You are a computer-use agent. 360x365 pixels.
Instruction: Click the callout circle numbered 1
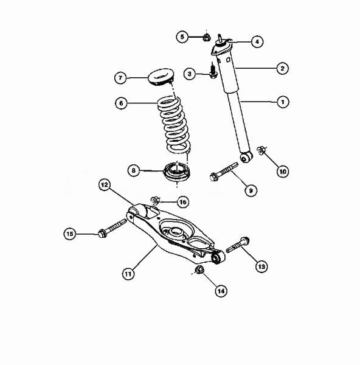coord(283,102)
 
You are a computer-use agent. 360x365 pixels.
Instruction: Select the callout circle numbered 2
coord(282,68)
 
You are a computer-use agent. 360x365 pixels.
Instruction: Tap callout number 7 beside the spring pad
coord(120,78)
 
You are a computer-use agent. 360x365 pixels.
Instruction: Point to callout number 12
coord(105,184)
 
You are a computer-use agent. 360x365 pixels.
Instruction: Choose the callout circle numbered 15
coord(70,234)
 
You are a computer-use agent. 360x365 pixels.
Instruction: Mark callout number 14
coord(221,291)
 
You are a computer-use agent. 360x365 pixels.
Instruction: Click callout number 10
coord(283,172)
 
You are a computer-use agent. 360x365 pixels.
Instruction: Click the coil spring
coord(174,125)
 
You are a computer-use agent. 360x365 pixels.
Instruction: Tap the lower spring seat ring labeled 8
coord(177,172)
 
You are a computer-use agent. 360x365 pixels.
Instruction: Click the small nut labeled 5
coord(206,37)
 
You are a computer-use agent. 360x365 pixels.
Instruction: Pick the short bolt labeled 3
coord(213,71)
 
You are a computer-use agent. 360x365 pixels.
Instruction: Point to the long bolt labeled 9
coord(224,172)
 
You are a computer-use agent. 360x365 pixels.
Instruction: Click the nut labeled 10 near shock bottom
coord(261,150)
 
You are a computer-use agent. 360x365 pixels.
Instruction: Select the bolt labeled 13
coord(238,245)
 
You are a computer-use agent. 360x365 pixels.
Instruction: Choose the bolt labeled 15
coord(112,228)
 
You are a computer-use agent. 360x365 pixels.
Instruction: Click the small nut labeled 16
coord(156,200)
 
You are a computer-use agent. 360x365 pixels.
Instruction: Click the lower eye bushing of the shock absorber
coord(246,158)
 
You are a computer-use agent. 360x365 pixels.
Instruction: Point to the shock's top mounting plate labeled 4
coord(221,47)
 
